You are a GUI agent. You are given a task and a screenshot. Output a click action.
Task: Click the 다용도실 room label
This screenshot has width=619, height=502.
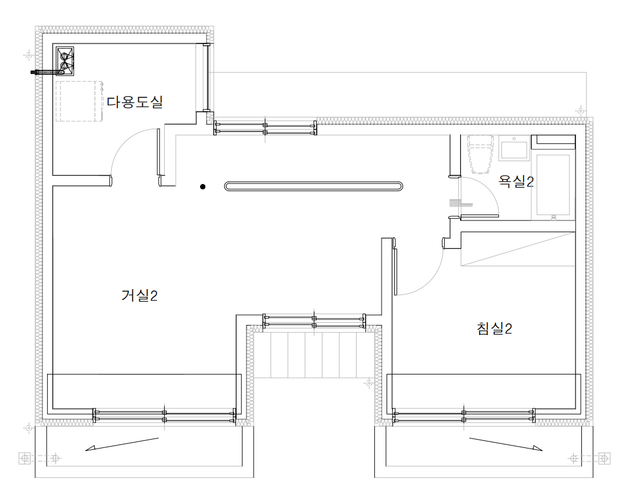[x=134, y=102]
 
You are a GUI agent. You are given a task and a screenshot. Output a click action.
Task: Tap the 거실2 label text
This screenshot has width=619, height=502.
[x=139, y=296]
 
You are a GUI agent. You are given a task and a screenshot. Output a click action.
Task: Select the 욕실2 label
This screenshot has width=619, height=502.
[x=515, y=181]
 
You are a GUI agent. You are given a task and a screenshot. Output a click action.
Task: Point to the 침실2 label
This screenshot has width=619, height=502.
[x=494, y=329]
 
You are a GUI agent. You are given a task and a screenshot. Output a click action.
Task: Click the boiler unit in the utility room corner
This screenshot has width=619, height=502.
[x=65, y=61]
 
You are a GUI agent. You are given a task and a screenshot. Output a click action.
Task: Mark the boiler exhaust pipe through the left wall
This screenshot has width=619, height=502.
[x=42, y=73]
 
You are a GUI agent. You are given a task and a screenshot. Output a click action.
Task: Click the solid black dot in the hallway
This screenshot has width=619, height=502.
[x=202, y=187]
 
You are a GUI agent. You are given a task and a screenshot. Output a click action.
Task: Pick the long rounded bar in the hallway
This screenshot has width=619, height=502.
[x=314, y=186]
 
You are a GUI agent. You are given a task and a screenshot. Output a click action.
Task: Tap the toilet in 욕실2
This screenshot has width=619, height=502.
[x=480, y=155]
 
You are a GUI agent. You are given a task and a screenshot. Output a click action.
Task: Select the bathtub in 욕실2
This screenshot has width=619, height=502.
[x=553, y=183]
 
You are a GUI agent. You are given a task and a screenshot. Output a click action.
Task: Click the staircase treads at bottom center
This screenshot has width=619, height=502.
[x=314, y=353]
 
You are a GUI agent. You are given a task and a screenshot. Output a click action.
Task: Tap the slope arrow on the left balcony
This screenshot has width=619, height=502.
[x=122, y=444]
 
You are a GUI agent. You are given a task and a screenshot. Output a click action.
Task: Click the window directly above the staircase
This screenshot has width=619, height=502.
[x=314, y=321]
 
